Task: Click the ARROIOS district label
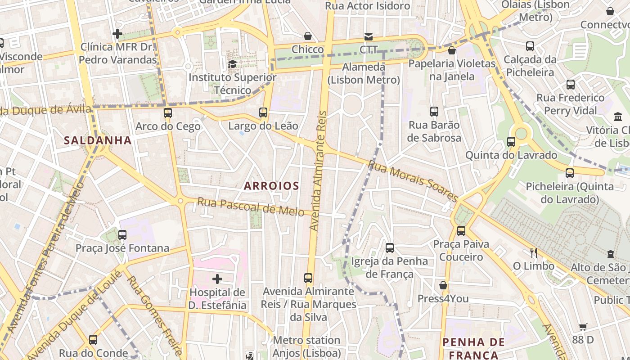coord(271,186)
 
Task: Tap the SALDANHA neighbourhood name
coord(98,140)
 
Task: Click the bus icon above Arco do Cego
coord(168,113)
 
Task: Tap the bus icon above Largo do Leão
coord(263,112)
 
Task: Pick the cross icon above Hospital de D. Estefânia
coord(217,279)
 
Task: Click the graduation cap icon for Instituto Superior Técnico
coord(232,64)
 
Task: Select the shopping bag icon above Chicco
coord(308,36)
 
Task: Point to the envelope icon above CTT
coord(369,36)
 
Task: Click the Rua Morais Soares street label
coord(413,181)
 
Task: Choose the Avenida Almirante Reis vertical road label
coord(319,171)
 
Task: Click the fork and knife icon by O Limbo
coord(533,252)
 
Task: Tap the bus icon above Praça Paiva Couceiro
coord(461,231)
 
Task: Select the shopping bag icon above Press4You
coord(443,285)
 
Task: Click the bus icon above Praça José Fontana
coord(122,234)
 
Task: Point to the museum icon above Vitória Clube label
coord(618,117)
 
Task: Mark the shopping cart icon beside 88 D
coord(583,327)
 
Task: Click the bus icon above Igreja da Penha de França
coord(390,247)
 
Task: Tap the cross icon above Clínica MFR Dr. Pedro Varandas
coord(117,34)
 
